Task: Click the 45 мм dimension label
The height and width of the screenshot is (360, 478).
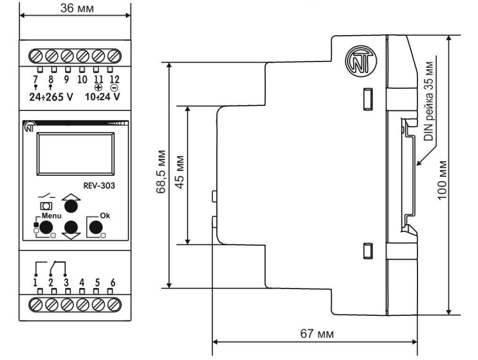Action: point(180,174)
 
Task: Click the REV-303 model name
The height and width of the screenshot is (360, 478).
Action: point(99,185)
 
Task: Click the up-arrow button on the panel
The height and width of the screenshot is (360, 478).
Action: point(71,205)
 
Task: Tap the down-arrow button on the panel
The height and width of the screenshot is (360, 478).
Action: point(71,228)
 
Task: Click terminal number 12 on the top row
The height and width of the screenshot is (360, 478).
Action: point(114,79)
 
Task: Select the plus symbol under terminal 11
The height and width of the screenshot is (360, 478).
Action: point(98,87)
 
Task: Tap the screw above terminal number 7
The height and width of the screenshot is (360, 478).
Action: point(36,56)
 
